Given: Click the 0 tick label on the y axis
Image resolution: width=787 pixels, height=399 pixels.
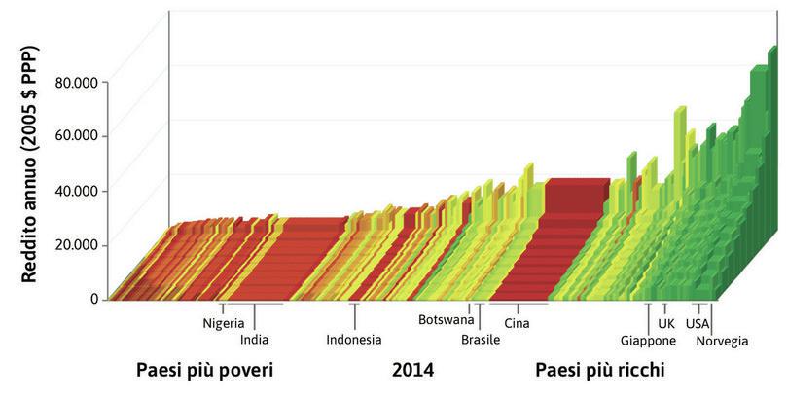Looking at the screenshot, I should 94,299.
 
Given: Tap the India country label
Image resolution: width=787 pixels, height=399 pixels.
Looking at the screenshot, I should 254,340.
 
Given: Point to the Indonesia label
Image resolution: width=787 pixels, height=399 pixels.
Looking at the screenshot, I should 354,340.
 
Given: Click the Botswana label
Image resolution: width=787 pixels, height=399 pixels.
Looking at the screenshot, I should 446,319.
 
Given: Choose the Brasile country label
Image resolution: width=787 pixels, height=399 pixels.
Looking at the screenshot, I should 481,340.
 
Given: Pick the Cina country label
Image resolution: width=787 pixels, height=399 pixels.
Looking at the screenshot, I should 518,323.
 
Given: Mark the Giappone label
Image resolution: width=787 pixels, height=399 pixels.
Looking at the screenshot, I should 648,340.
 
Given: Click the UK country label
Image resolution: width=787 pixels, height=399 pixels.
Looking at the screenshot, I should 666,323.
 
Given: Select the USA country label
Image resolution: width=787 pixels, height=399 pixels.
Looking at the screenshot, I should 698,323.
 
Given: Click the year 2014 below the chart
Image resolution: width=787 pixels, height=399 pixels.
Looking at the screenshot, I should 412,372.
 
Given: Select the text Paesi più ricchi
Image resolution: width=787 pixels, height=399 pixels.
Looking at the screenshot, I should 602,372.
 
